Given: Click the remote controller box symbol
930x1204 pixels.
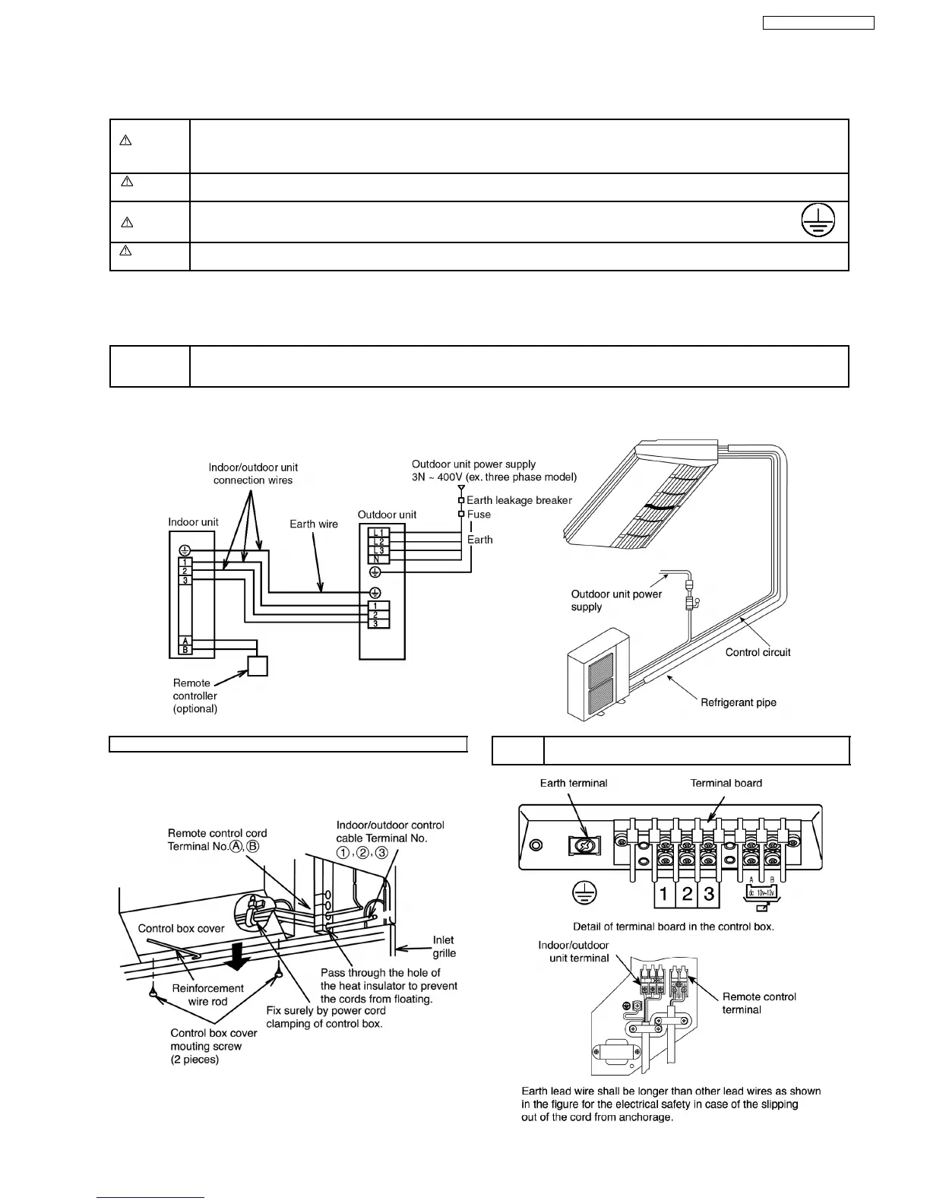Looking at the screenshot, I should [x=258, y=666].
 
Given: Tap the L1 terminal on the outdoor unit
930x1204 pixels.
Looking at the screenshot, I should [x=379, y=533].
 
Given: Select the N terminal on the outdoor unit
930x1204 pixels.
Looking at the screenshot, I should [x=378, y=559].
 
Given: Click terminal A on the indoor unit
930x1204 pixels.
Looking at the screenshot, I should [x=185, y=642].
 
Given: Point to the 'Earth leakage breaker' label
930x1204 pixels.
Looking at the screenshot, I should [x=519, y=500].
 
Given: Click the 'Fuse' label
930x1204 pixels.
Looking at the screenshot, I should [x=479, y=515].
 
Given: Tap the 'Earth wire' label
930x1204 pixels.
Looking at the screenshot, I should [x=314, y=524].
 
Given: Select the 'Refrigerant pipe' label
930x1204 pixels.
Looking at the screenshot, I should [x=739, y=702].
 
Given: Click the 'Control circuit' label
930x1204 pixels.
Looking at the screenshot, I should [x=758, y=652].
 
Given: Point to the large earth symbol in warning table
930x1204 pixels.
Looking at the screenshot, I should [x=817, y=220].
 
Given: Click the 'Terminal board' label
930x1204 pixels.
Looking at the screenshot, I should [x=726, y=783].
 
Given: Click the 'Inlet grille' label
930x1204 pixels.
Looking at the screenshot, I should [x=444, y=946].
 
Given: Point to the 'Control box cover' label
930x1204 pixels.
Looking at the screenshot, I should [x=182, y=928].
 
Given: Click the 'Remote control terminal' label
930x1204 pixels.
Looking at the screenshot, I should [x=759, y=1003].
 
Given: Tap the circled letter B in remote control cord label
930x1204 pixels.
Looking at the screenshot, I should [x=254, y=847].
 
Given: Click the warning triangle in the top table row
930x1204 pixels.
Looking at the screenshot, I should [x=126, y=141].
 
